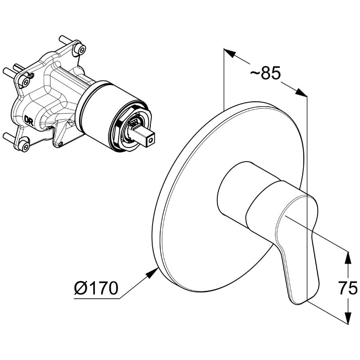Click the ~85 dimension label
265,73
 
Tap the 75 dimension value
348,288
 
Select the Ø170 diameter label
96,288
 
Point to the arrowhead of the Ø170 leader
152,273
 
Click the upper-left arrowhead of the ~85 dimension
230,53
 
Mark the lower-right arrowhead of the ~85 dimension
301,92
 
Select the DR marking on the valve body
29,121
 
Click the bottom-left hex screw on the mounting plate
25,144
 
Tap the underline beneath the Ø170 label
97,299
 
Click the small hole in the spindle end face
151,140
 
